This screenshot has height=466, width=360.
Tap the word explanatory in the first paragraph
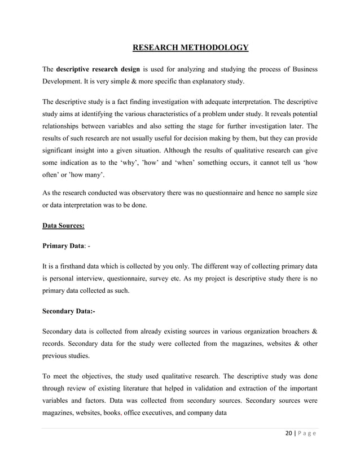[206, 81]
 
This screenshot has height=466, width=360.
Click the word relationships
[65, 126]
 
